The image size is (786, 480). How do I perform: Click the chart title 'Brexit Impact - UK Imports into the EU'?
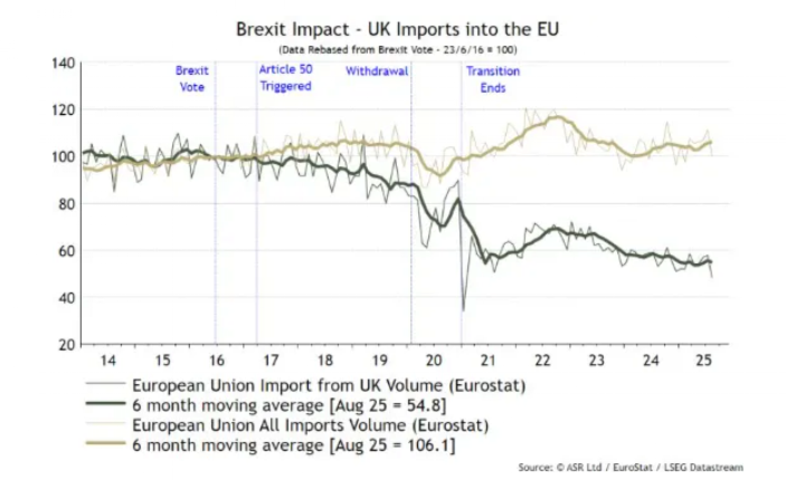click(397, 29)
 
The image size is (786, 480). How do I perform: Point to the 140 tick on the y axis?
click(63, 63)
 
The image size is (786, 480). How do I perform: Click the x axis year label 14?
click(108, 360)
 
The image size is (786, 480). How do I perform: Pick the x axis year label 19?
click(380, 360)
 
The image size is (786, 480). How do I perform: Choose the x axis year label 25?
click(704, 360)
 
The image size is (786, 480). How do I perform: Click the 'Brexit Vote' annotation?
click(192, 79)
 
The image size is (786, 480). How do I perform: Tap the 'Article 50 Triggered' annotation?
click(286, 78)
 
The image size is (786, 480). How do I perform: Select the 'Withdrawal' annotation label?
click(377, 71)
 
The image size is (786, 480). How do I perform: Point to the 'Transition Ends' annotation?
click(493, 79)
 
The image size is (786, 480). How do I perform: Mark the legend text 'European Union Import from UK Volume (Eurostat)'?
click(329, 385)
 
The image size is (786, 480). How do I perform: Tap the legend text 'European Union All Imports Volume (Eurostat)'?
click(310, 425)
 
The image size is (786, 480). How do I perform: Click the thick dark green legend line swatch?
click(105, 404)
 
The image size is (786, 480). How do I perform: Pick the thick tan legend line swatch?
click(105, 444)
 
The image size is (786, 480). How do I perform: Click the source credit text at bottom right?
click(630, 467)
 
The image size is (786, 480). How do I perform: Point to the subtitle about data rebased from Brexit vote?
click(397, 50)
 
